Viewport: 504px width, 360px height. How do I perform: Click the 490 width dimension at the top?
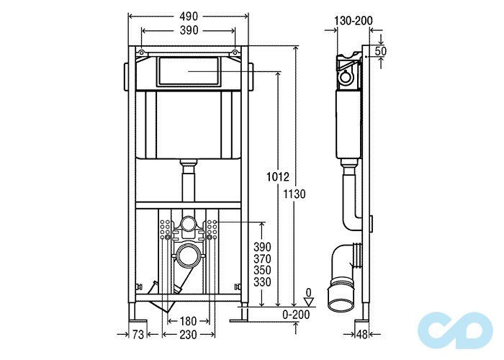pyautogui.click(x=189, y=17)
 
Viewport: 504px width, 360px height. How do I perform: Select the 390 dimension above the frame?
pyautogui.click(x=189, y=30)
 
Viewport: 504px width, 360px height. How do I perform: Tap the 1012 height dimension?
pyautogui.click(x=278, y=176)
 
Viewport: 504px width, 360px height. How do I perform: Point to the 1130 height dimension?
pyautogui.click(x=294, y=194)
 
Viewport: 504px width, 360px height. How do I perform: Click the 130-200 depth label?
pyautogui.click(x=354, y=21)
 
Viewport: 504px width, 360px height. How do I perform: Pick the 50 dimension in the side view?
pyautogui.click(x=381, y=51)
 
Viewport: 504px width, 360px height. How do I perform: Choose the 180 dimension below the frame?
pyautogui.click(x=188, y=321)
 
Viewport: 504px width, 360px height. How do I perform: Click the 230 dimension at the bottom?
pyautogui.click(x=188, y=335)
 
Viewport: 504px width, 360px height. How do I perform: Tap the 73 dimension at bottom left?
pyautogui.click(x=138, y=335)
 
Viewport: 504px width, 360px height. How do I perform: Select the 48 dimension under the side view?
pyautogui.click(x=361, y=335)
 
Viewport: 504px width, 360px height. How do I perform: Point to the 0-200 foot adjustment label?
pyautogui.click(x=296, y=315)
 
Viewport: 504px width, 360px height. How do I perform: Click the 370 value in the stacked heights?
pyautogui.click(x=262, y=258)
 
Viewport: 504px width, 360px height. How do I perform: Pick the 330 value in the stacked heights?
pyautogui.click(x=262, y=282)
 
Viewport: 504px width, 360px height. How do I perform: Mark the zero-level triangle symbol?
pyautogui.click(x=309, y=302)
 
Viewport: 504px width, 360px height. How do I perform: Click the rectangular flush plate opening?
pyautogui.click(x=189, y=71)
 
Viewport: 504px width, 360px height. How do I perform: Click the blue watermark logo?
pyautogui.click(x=455, y=330)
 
